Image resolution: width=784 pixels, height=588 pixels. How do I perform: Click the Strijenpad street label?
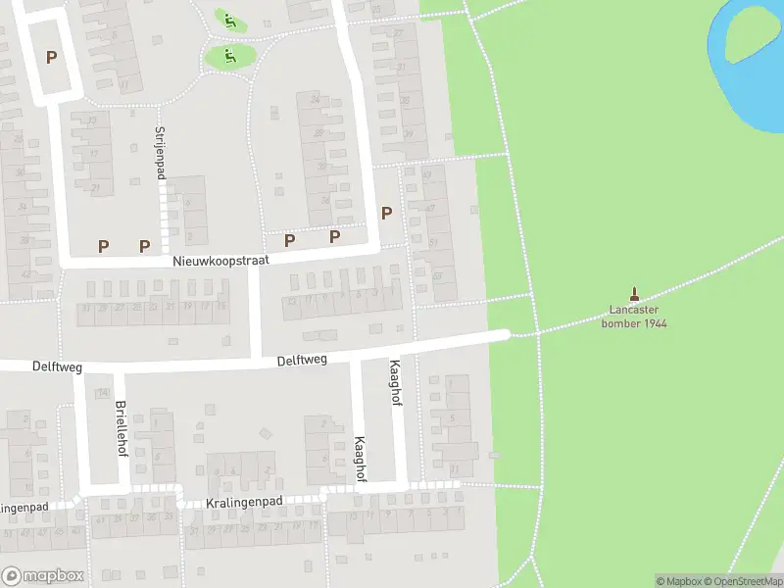click(160, 152)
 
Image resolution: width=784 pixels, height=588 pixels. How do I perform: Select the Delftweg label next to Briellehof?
click(55, 367)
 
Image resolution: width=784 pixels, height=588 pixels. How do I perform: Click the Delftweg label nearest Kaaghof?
click(301, 361)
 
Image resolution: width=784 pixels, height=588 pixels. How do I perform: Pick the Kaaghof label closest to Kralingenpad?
click(360, 459)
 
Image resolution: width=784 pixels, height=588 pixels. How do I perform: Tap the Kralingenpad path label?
click(244, 502)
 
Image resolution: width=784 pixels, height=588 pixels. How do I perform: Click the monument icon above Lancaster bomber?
click(634, 293)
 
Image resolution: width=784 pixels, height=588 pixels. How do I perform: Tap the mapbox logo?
click(42, 576)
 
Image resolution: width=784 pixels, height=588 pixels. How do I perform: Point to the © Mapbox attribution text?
click(676, 581)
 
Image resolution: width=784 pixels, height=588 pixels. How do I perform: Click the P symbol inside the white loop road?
click(51, 57)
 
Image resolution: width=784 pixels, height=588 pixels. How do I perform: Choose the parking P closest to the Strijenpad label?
click(145, 246)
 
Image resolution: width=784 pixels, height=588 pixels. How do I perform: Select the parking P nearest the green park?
click(386, 213)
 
